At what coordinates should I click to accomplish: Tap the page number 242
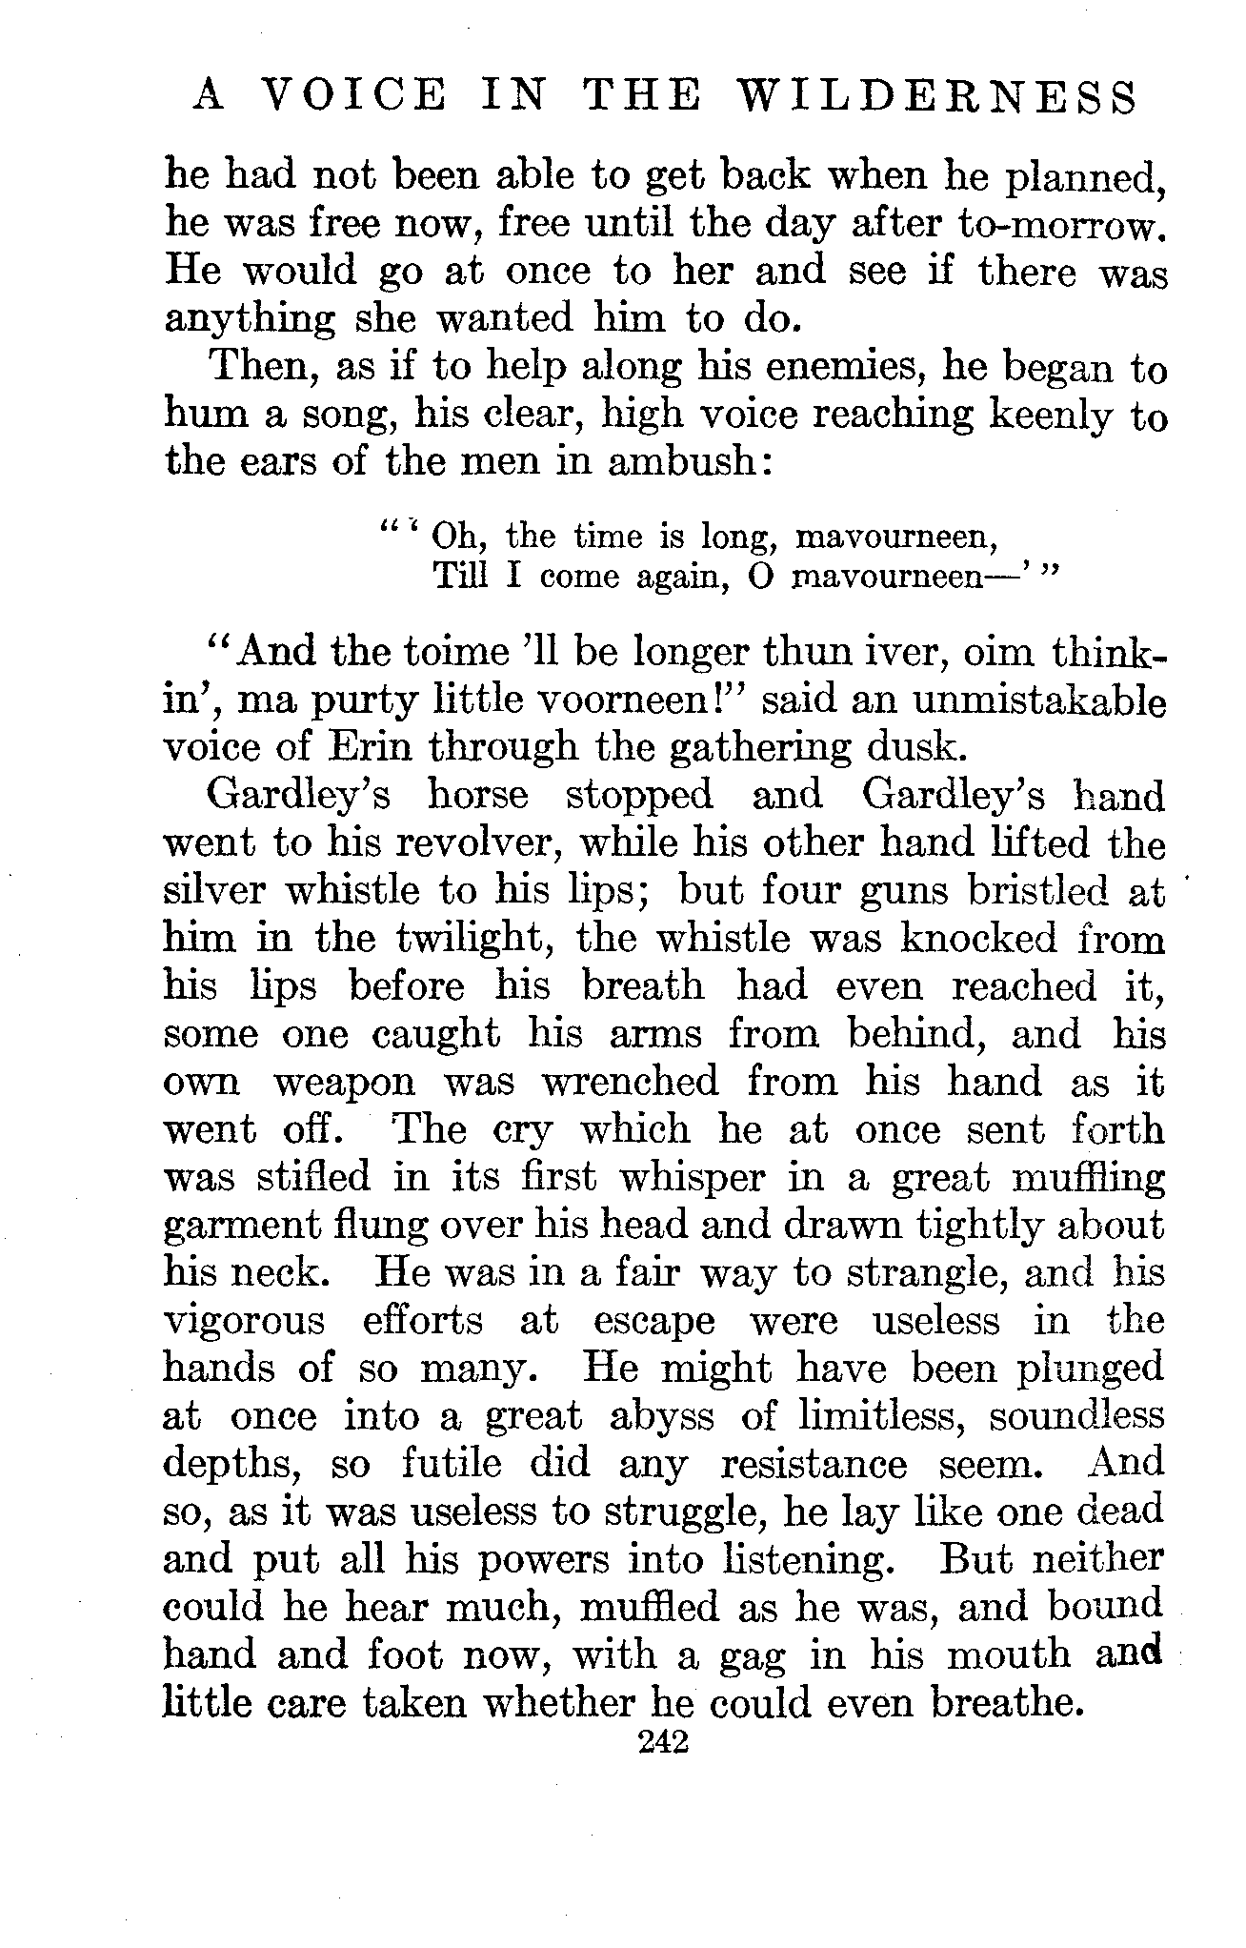pyautogui.click(x=664, y=1740)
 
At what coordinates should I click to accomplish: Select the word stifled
pyautogui.click(x=313, y=1178)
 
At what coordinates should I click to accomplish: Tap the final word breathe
pyautogui.click(x=1008, y=1702)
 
